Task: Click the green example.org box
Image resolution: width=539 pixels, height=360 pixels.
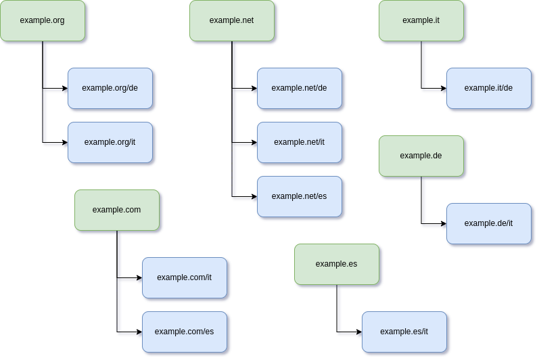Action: click(43, 20)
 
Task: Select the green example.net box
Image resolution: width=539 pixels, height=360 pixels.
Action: click(232, 20)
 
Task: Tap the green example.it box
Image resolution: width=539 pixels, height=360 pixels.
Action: click(421, 20)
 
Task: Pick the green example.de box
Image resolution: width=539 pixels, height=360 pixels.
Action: click(421, 156)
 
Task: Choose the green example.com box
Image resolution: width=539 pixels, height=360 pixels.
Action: click(117, 210)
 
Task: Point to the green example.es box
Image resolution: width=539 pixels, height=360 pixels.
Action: click(337, 265)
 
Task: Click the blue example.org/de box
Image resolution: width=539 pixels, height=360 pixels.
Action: click(110, 89)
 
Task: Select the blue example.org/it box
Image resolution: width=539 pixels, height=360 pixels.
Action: click(110, 142)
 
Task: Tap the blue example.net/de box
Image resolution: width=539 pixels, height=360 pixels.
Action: click(300, 89)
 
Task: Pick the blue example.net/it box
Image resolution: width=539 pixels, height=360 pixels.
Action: click(300, 142)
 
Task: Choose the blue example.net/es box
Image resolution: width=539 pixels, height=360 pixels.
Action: click(300, 197)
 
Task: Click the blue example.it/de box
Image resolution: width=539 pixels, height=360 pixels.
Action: click(489, 89)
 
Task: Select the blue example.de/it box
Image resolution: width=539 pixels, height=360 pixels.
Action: click(489, 224)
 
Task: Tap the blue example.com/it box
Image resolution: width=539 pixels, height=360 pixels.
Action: click(185, 278)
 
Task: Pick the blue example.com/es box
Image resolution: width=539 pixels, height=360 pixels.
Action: click(185, 332)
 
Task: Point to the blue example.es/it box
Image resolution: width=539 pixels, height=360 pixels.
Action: click(404, 332)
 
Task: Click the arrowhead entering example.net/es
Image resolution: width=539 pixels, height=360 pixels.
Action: click(255, 197)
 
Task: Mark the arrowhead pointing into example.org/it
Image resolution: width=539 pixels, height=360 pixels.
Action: click(66, 142)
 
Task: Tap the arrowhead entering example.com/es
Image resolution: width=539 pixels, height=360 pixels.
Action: click(139, 332)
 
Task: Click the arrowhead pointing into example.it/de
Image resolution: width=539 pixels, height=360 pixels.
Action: click(444, 89)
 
